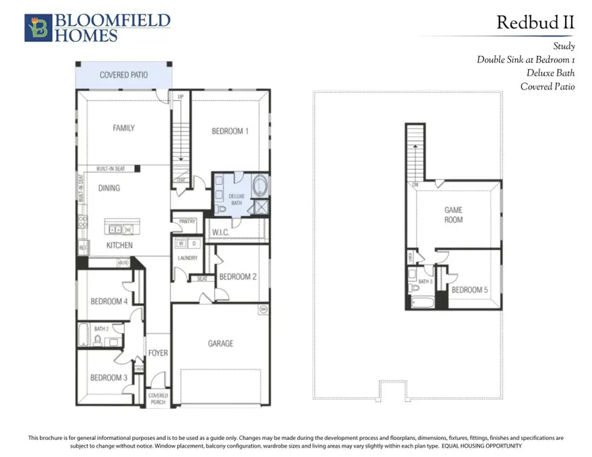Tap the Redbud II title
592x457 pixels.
[x=535, y=22]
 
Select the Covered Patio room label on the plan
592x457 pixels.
[x=124, y=75]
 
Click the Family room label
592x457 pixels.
[x=123, y=128]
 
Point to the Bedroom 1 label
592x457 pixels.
[x=230, y=131]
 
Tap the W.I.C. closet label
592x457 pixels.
[x=220, y=231]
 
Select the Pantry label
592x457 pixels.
[x=187, y=222]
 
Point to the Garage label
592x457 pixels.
[x=220, y=343]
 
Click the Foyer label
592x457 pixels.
[x=158, y=353]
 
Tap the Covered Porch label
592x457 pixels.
[x=158, y=399]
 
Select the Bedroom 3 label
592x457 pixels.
[x=109, y=377]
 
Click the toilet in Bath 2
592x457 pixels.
[x=99, y=340]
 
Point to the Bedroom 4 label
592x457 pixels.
[x=109, y=301]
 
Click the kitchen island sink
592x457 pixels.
[x=115, y=229]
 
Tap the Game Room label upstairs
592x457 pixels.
[x=453, y=214]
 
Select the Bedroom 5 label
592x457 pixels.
[x=470, y=289]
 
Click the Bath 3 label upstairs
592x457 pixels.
[x=426, y=281]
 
